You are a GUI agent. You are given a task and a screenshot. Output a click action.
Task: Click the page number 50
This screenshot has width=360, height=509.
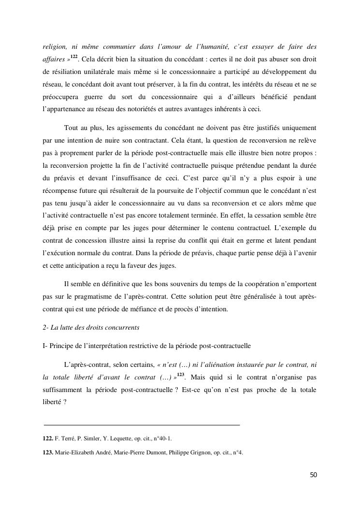tap(313, 475)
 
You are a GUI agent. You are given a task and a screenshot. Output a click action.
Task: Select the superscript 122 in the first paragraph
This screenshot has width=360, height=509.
tap(73, 58)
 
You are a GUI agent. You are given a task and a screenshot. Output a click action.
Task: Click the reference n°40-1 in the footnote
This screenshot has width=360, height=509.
tap(160, 438)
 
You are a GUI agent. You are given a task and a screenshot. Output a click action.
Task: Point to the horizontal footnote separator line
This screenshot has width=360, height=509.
tap(142, 425)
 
